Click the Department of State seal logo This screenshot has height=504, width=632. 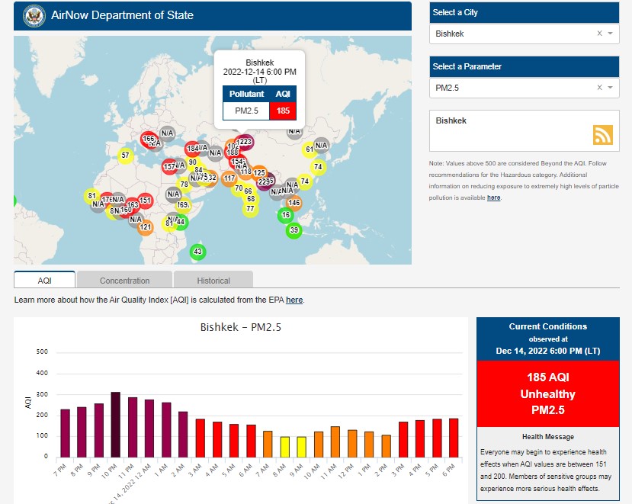(34, 15)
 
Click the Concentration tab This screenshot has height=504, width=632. (124, 281)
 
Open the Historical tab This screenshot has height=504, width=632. (213, 281)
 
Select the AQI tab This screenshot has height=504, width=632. (44, 281)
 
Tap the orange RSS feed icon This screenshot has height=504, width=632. (603, 135)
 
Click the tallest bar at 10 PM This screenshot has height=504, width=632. (115, 424)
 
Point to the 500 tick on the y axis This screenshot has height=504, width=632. (42, 352)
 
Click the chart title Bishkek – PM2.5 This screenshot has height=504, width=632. (240, 328)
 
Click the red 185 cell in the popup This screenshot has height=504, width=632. (283, 111)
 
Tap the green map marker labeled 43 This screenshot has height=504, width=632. (197, 252)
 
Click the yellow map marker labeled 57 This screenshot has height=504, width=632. (125, 156)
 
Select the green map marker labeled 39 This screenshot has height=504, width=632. (294, 230)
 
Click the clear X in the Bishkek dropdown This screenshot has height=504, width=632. (599, 34)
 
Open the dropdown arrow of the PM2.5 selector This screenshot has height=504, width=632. (611, 88)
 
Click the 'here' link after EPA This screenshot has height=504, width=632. (294, 300)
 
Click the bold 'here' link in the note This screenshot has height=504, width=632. (494, 197)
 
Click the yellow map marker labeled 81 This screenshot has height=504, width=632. (92, 196)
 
